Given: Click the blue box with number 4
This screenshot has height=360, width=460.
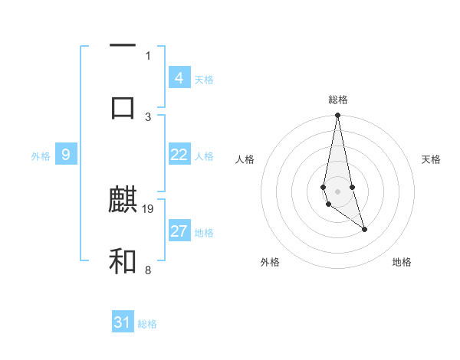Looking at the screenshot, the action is pyautogui.click(x=179, y=77).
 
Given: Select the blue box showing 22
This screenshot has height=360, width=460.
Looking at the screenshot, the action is pyautogui.click(x=179, y=154).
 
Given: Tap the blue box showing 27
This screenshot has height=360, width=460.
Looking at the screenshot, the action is pyautogui.click(x=179, y=231).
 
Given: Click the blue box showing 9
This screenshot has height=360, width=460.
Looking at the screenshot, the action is pyautogui.click(x=66, y=155).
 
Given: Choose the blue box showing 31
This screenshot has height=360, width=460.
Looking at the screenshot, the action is pyautogui.click(x=123, y=322).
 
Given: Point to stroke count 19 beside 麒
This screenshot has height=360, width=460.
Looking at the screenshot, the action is pyautogui.click(x=149, y=208).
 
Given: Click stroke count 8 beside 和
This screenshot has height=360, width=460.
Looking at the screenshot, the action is pyautogui.click(x=148, y=270).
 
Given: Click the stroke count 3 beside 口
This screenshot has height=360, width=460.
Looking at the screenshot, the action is pyautogui.click(x=148, y=116).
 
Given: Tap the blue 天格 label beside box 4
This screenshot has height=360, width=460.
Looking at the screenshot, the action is pyautogui.click(x=204, y=79).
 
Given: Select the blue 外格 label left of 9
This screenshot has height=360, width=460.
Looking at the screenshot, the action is pyautogui.click(x=41, y=156).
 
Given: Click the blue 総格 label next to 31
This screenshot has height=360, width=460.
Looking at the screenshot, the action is pyautogui.click(x=147, y=324).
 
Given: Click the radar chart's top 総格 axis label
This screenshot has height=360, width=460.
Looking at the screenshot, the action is pyautogui.click(x=338, y=100).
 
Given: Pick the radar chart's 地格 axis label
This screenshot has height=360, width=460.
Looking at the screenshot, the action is pyautogui.click(x=402, y=262).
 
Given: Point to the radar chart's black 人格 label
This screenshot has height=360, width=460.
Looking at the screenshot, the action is pyautogui.click(x=245, y=159).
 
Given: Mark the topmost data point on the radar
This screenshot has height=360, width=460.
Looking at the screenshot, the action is pyautogui.click(x=337, y=116).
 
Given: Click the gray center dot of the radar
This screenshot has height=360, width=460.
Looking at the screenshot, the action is pyautogui.click(x=337, y=191).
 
